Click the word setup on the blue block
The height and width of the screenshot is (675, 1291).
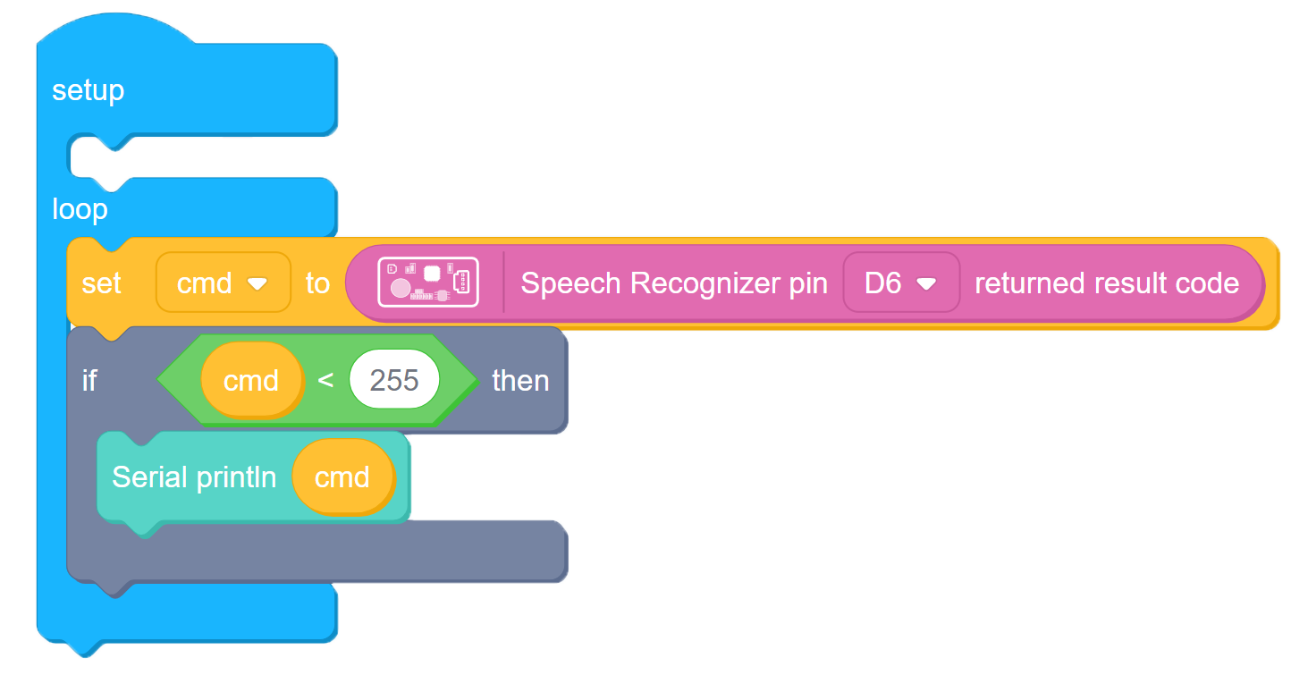tap(88, 91)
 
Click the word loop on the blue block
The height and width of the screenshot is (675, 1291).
tap(80, 209)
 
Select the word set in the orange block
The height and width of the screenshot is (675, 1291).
tap(101, 283)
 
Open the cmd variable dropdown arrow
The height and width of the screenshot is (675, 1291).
tap(257, 283)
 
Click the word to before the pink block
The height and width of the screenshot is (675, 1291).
tap(317, 283)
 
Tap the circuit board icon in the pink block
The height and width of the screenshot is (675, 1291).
tap(427, 282)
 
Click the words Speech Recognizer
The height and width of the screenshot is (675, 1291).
tap(634, 283)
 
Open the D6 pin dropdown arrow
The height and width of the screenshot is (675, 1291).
tap(926, 284)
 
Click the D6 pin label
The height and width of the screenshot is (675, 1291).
tap(882, 283)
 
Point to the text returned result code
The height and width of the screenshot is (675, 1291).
tap(1107, 283)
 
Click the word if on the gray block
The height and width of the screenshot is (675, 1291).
tap(89, 381)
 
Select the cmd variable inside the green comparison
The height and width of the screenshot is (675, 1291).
tap(252, 381)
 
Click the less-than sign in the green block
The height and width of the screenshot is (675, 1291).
tap(325, 381)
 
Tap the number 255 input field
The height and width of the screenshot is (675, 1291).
tap(394, 379)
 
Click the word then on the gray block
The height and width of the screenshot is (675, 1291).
tap(520, 381)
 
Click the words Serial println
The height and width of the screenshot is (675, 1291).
tap(194, 477)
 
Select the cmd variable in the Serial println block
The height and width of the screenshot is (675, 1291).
tap(343, 477)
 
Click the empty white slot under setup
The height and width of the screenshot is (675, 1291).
tap(202, 156)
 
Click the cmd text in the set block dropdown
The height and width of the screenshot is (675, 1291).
tap(204, 283)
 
